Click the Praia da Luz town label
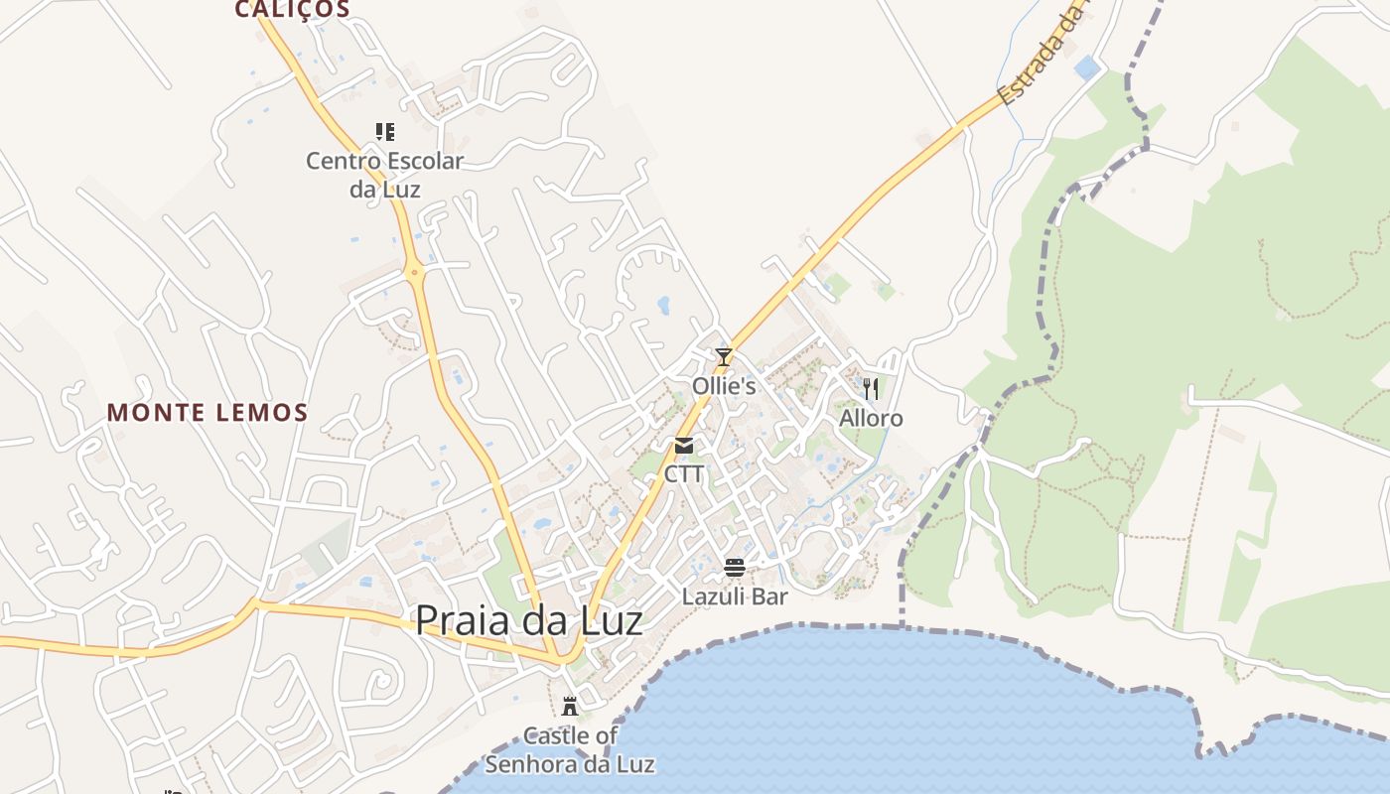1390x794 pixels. (528, 621)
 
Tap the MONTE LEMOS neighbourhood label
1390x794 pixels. (207, 412)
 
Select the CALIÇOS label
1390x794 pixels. (292, 10)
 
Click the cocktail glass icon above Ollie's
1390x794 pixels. (724, 357)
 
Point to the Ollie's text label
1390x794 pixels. (724, 386)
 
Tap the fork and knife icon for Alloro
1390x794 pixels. (871, 388)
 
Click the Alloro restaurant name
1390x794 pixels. (871, 418)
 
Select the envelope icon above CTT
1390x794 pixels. (684, 446)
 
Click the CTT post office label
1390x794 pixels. (684, 473)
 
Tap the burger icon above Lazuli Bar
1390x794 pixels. (735, 568)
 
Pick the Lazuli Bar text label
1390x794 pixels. (735, 596)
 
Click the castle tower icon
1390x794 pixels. (570, 707)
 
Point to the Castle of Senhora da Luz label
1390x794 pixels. (570, 750)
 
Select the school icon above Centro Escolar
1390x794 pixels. (385, 132)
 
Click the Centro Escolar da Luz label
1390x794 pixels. (385, 175)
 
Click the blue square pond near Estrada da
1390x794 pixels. (1087, 67)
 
